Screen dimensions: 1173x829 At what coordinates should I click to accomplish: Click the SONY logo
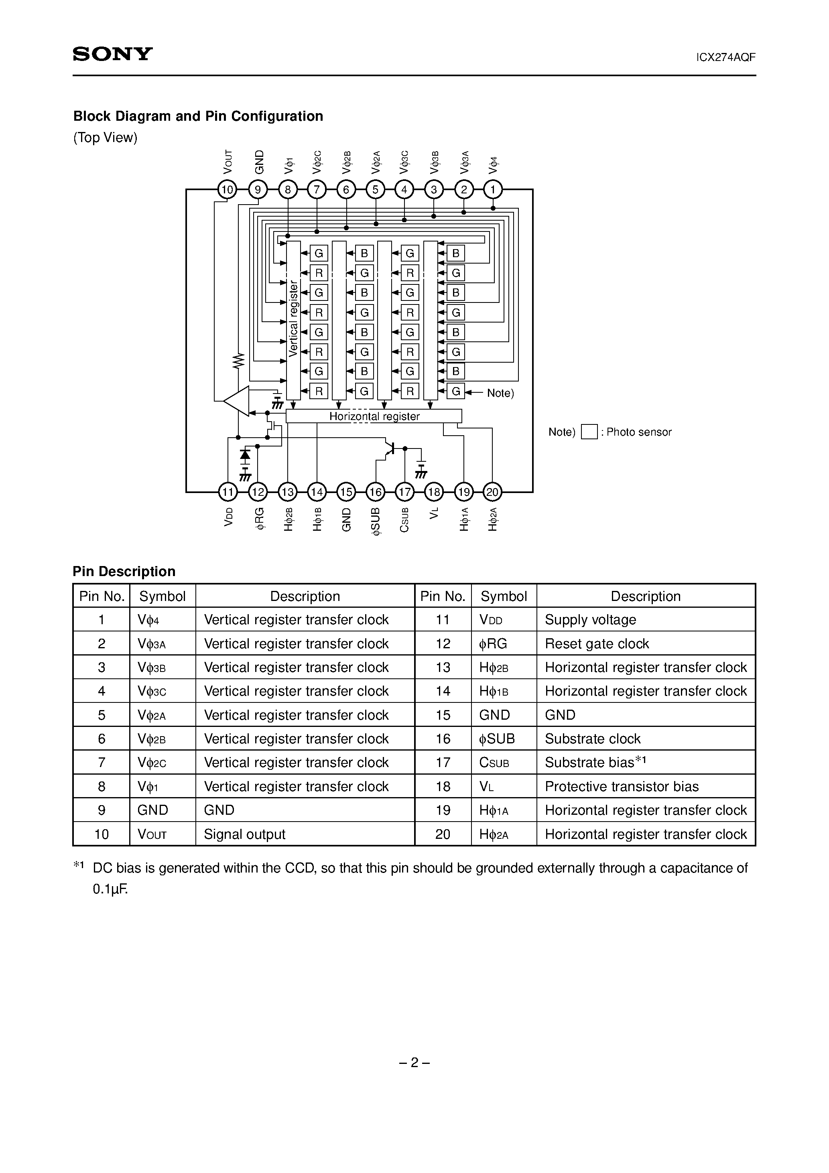click(112, 54)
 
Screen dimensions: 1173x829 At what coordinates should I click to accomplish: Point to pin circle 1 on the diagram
click(493, 190)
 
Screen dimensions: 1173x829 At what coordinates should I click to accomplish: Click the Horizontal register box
click(374, 416)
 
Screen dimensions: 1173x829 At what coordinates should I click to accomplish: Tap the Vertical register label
click(293, 318)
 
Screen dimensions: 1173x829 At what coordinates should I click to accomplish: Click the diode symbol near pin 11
click(245, 454)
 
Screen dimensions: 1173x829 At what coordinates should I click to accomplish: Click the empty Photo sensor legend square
click(589, 432)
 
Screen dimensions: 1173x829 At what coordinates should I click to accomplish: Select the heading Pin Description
click(124, 571)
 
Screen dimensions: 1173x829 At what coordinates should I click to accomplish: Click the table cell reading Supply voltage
click(590, 620)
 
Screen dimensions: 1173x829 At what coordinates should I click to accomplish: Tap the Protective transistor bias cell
click(622, 786)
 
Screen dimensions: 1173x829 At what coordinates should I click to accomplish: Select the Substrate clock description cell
click(592, 739)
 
